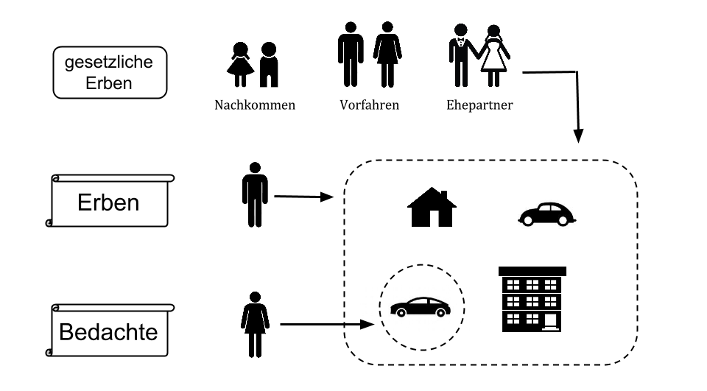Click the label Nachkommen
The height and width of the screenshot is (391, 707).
click(x=255, y=105)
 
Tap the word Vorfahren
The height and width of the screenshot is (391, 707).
click(x=369, y=105)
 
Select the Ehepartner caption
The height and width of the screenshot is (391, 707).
click(x=479, y=105)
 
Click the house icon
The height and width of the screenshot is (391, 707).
click(x=432, y=207)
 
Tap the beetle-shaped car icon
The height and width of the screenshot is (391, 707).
click(x=546, y=214)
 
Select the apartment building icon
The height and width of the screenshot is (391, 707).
click(x=532, y=300)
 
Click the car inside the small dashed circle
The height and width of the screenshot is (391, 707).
click(x=421, y=306)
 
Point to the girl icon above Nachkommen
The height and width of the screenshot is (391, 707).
click(x=240, y=65)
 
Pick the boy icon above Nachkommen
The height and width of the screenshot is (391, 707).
click(x=269, y=65)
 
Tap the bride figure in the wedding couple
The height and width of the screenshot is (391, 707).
click(x=494, y=56)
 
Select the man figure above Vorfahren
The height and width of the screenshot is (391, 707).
click(x=351, y=54)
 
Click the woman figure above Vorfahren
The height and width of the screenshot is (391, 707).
click(x=387, y=54)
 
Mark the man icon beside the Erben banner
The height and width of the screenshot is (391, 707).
click(x=255, y=194)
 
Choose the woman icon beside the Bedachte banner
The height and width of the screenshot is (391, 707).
click(x=255, y=324)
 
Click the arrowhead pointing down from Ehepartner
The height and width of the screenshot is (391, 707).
click(x=579, y=136)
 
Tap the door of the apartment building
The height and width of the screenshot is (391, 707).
click(x=551, y=322)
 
